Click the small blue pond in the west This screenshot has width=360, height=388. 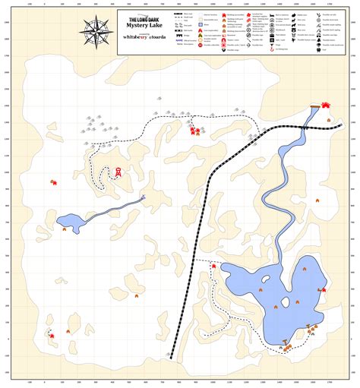coord(71,222)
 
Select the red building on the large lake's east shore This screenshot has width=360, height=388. coord(321,289)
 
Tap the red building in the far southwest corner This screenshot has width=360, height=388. coord(51,335)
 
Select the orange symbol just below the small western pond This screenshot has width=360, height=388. coord(64,229)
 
